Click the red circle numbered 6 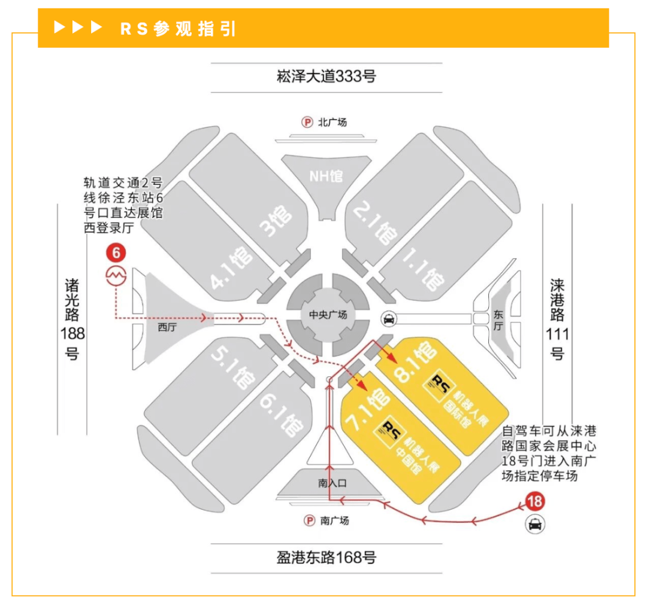coord(116,253)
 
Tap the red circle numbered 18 coord(535,501)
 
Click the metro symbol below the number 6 coord(116,276)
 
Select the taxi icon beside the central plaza coord(389,319)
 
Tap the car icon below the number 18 coord(535,524)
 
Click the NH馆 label coord(326,176)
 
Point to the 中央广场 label coord(328,315)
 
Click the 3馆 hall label coord(276,221)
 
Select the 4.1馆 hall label coord(231,268)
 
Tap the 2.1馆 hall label coord(376,223)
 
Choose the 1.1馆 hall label coord(424,269)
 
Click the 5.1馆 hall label coord(233,367)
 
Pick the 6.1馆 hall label coord(282,415)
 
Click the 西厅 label coord(167,327)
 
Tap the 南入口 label coord(332,483)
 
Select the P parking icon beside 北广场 coord(307,122)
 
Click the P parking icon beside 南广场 coord(310,520)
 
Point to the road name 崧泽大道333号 coord(326,77)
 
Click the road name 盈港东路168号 coord(326,558)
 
